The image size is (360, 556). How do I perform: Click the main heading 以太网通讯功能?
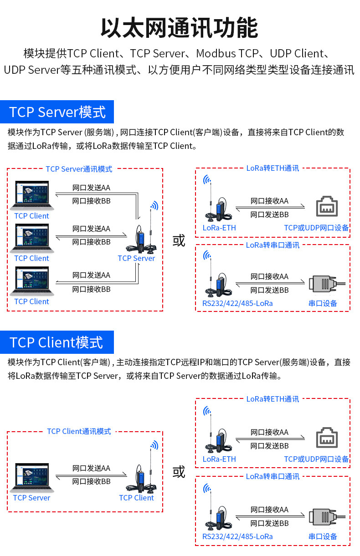[180, 28]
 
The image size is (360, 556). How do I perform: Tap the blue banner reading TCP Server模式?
[57, 112]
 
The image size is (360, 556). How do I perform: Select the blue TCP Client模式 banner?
[57, 342]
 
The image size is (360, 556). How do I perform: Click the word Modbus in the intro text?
[216, 54]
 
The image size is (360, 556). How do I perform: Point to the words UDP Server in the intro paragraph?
[32, 70]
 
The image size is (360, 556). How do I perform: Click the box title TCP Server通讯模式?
[79, 169]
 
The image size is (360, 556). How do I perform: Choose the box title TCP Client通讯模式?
[79, 431]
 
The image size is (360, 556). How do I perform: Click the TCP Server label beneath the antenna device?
[136, 258]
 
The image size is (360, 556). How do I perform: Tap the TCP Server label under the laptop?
[31, 498]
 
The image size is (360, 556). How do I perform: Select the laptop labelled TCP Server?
[32, 478]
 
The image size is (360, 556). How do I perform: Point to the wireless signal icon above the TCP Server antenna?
[154, 205]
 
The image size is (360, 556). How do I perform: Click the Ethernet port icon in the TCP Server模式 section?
[327, 206]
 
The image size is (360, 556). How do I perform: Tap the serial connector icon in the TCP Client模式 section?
[327, 517]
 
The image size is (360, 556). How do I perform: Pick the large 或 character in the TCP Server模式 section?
[179, 240]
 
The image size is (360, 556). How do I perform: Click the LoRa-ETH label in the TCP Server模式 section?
[219, 228]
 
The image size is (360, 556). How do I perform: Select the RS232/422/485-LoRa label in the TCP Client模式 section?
[237, 536]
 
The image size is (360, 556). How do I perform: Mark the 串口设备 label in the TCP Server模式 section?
[323, 303]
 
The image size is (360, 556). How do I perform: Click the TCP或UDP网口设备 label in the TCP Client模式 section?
[316, 459]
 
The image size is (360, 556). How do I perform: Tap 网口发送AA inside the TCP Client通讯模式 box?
[91, 469]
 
